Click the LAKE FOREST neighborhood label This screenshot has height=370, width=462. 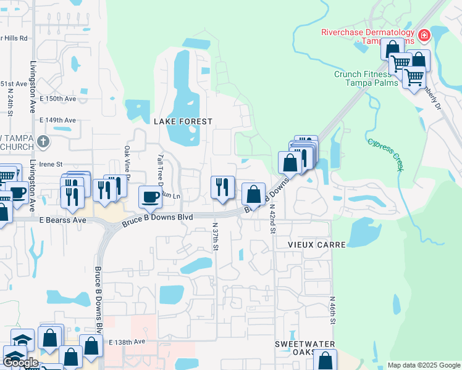tap(183, 122)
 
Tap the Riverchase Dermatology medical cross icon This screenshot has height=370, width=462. tap(424, 36)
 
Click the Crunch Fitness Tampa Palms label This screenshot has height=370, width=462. tap(363, 78)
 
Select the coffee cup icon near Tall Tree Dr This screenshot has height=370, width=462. tap(150, 197)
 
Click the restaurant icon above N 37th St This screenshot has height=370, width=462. tap(222, 187)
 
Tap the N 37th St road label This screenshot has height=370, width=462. tap(216, 237)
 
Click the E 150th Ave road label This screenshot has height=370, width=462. tap(57, 99)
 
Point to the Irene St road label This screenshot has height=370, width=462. tap(51, 165)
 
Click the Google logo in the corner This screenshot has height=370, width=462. tap(20, 363)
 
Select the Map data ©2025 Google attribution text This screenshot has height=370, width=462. tap(423, 365)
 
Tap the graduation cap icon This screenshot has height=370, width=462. tap(23, 340)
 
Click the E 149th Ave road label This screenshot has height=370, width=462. tap(57, 120)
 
